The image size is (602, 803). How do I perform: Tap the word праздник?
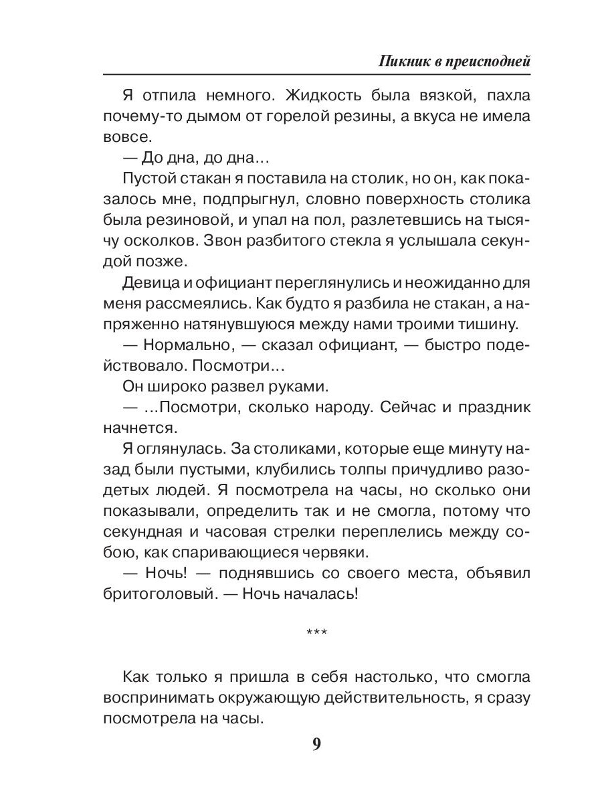(489, 408)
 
